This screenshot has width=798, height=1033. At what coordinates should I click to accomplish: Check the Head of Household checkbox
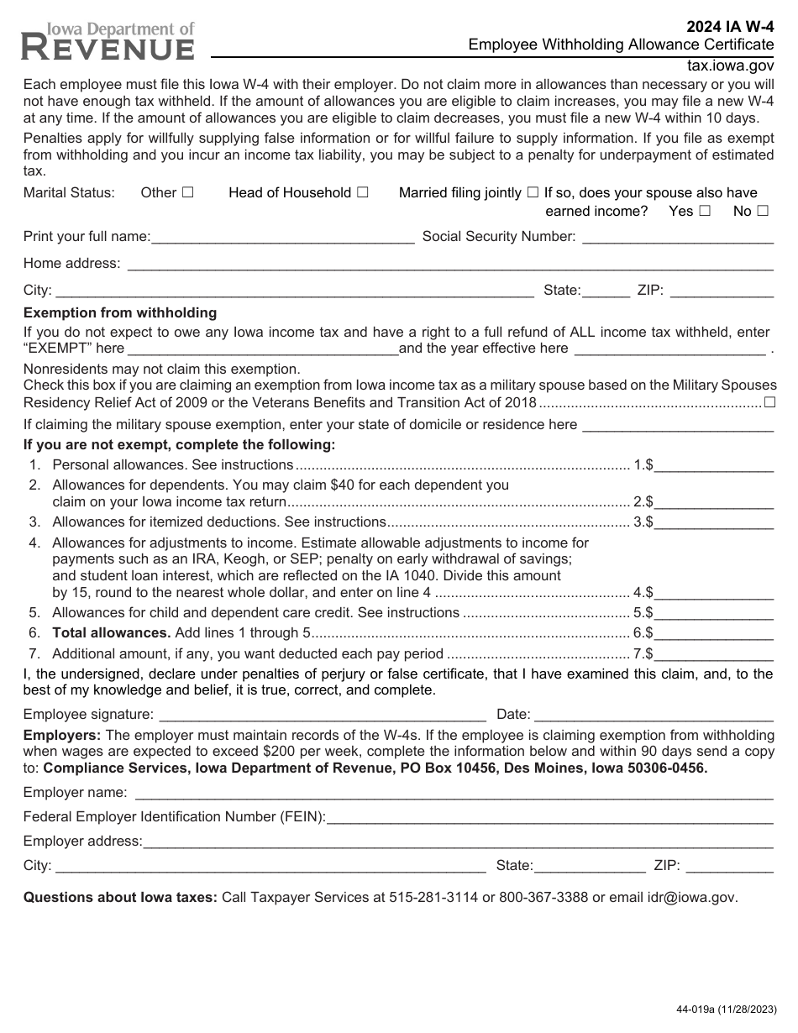362,192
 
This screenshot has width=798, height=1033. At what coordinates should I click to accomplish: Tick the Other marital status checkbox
188,192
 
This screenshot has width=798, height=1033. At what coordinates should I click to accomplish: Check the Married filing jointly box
533,192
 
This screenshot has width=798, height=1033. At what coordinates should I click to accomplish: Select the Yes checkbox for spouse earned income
705,212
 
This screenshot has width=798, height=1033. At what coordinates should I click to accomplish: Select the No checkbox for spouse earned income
763,212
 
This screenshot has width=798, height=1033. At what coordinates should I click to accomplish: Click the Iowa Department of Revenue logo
108,42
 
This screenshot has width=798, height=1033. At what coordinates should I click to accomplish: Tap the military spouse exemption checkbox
769,404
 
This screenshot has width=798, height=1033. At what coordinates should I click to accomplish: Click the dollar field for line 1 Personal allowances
714,466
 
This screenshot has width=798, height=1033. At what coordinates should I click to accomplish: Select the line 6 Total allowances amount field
714,635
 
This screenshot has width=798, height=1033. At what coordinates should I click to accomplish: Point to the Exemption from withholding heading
120,313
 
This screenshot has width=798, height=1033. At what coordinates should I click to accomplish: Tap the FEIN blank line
549,818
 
